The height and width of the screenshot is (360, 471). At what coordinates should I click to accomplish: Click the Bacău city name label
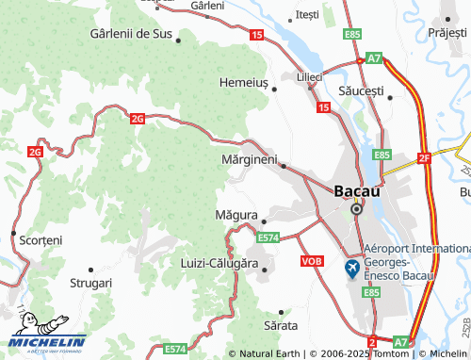[358, 190]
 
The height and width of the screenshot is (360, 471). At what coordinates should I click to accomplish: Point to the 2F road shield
[424, 157]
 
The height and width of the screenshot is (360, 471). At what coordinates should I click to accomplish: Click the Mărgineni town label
[248, 160]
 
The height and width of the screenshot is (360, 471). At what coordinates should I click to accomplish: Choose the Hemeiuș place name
[244, 82]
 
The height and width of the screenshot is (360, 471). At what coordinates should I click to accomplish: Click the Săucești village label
[361, 90]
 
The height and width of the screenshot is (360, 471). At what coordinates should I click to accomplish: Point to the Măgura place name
[235, 215]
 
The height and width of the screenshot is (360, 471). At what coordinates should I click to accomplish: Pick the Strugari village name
[90, 282]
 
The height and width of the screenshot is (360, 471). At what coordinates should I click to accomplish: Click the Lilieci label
[309, 75]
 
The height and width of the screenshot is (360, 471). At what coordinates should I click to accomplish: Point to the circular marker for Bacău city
[357, 209]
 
